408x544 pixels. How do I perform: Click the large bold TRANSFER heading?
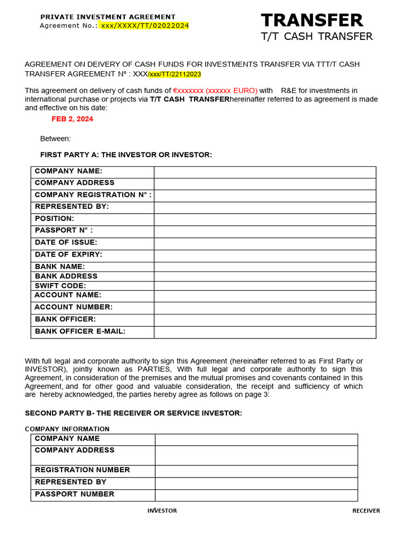312,21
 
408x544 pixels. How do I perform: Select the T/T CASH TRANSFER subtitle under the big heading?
317,37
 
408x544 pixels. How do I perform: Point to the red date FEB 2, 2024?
72,119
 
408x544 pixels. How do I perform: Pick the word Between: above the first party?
55,139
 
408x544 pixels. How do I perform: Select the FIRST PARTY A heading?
126,155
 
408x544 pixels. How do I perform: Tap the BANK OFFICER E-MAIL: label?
80,331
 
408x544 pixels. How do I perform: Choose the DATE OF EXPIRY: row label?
68,254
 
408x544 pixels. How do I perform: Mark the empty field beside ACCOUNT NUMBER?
265,308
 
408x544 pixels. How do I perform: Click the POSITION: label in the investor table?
54,218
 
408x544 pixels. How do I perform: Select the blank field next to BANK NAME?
265,267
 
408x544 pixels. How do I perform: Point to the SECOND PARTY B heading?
133,413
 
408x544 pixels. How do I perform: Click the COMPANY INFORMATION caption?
67,429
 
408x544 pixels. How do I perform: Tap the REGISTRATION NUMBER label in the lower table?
82,470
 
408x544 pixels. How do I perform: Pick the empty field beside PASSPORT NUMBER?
256,495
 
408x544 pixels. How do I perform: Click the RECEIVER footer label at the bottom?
366,511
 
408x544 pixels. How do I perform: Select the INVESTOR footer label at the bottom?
162,511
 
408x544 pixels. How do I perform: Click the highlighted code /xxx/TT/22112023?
174,74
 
